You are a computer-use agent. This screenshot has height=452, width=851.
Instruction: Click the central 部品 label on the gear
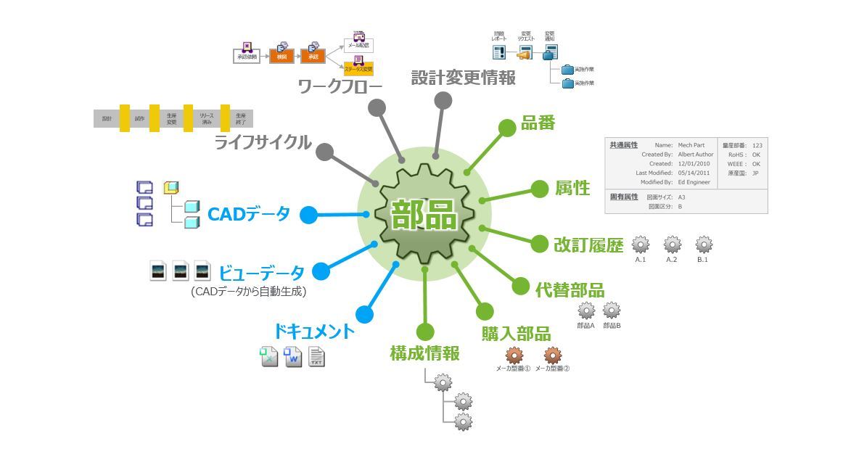424,215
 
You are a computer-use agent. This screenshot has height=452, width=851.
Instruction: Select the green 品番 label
538,123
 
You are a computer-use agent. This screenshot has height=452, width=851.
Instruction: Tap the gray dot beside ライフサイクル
325,152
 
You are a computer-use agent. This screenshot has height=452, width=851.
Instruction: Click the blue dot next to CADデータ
309,215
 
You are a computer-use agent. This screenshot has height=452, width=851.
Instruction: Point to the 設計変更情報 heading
464,78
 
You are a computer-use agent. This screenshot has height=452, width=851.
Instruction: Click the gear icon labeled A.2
673,244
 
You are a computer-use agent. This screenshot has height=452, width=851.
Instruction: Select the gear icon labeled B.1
703,244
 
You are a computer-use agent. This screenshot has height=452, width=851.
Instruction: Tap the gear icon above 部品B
612,311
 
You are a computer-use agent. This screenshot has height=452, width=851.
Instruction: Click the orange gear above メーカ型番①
514,355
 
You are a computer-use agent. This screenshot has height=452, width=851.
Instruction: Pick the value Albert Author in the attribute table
695,155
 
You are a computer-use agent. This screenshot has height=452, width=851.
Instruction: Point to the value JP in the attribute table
755,173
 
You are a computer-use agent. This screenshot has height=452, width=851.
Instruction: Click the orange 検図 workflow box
281,56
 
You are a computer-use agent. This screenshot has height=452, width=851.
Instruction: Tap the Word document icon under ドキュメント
293,357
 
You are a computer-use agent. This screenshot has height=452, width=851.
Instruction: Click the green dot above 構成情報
424,332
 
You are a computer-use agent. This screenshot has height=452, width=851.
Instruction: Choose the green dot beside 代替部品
520,286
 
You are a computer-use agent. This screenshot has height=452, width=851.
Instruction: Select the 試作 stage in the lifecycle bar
139,118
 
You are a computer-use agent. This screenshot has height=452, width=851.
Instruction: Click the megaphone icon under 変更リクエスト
524,53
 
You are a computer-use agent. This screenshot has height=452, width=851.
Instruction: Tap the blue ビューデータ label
262,273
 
